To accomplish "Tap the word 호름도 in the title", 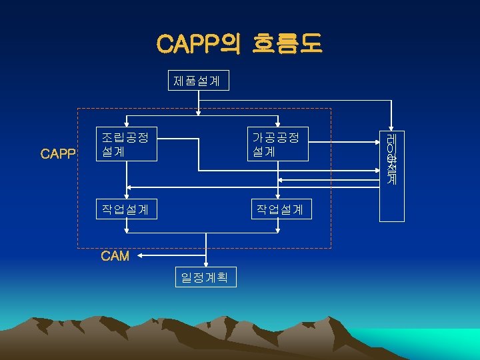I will (x=287, y=44).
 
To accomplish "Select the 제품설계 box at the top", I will (x=197, y=81).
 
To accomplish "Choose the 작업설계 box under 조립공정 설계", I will (x=128, y=210).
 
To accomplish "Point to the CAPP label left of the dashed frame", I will (x=58, y=154).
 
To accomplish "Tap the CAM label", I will (x=115, y=256).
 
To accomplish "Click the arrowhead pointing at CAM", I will (x=145, y=255).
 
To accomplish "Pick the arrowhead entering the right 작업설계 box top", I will (x=278, y=197).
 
